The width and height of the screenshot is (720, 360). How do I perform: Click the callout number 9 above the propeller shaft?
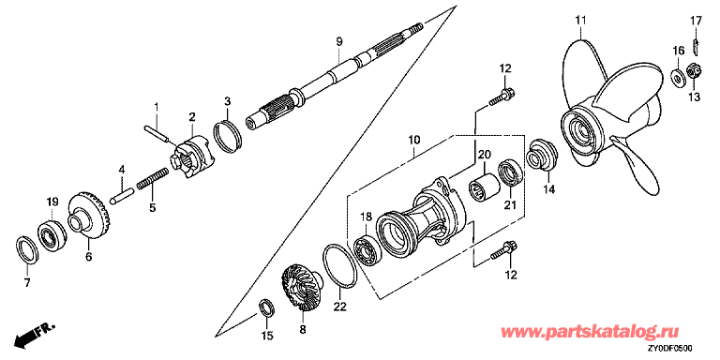pyautogui.click(x=338, y=42)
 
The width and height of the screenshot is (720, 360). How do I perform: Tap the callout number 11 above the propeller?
pyautogui.click(x=581, y=21)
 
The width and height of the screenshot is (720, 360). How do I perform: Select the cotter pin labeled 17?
pyautogui.click(x=696, y=46)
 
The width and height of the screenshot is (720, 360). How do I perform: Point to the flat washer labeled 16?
pyautogui.click(x=678, y=76)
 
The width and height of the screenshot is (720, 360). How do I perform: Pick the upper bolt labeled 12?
pyautogui.click(x=502, y=97)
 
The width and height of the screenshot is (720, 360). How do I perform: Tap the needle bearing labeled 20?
pyautogui.click(x=483, y=186)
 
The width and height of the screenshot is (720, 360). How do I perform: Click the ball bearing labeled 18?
pyautogui.click(x=367, y=250)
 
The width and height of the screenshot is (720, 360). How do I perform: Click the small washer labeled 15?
pyautogui.click(x=267, y=307)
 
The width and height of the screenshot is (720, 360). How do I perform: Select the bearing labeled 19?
pyautogui.click(x=52, y=236)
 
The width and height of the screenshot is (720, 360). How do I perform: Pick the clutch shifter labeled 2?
pyautogui.click(x=193, y=157)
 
